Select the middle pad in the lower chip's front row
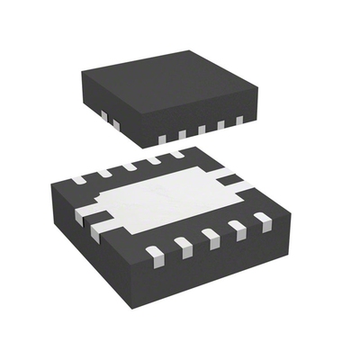point(211,238)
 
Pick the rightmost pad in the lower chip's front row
point(263,219)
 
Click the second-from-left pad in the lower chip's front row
point(184,245)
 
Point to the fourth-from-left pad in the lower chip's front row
point(237,228)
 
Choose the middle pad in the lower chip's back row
point(130,166)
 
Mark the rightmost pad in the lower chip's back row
point(177,154)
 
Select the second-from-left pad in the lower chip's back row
point(104,172)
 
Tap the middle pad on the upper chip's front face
point(202,129)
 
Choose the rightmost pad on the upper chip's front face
point(239,120)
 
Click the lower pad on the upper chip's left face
point(113,122)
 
